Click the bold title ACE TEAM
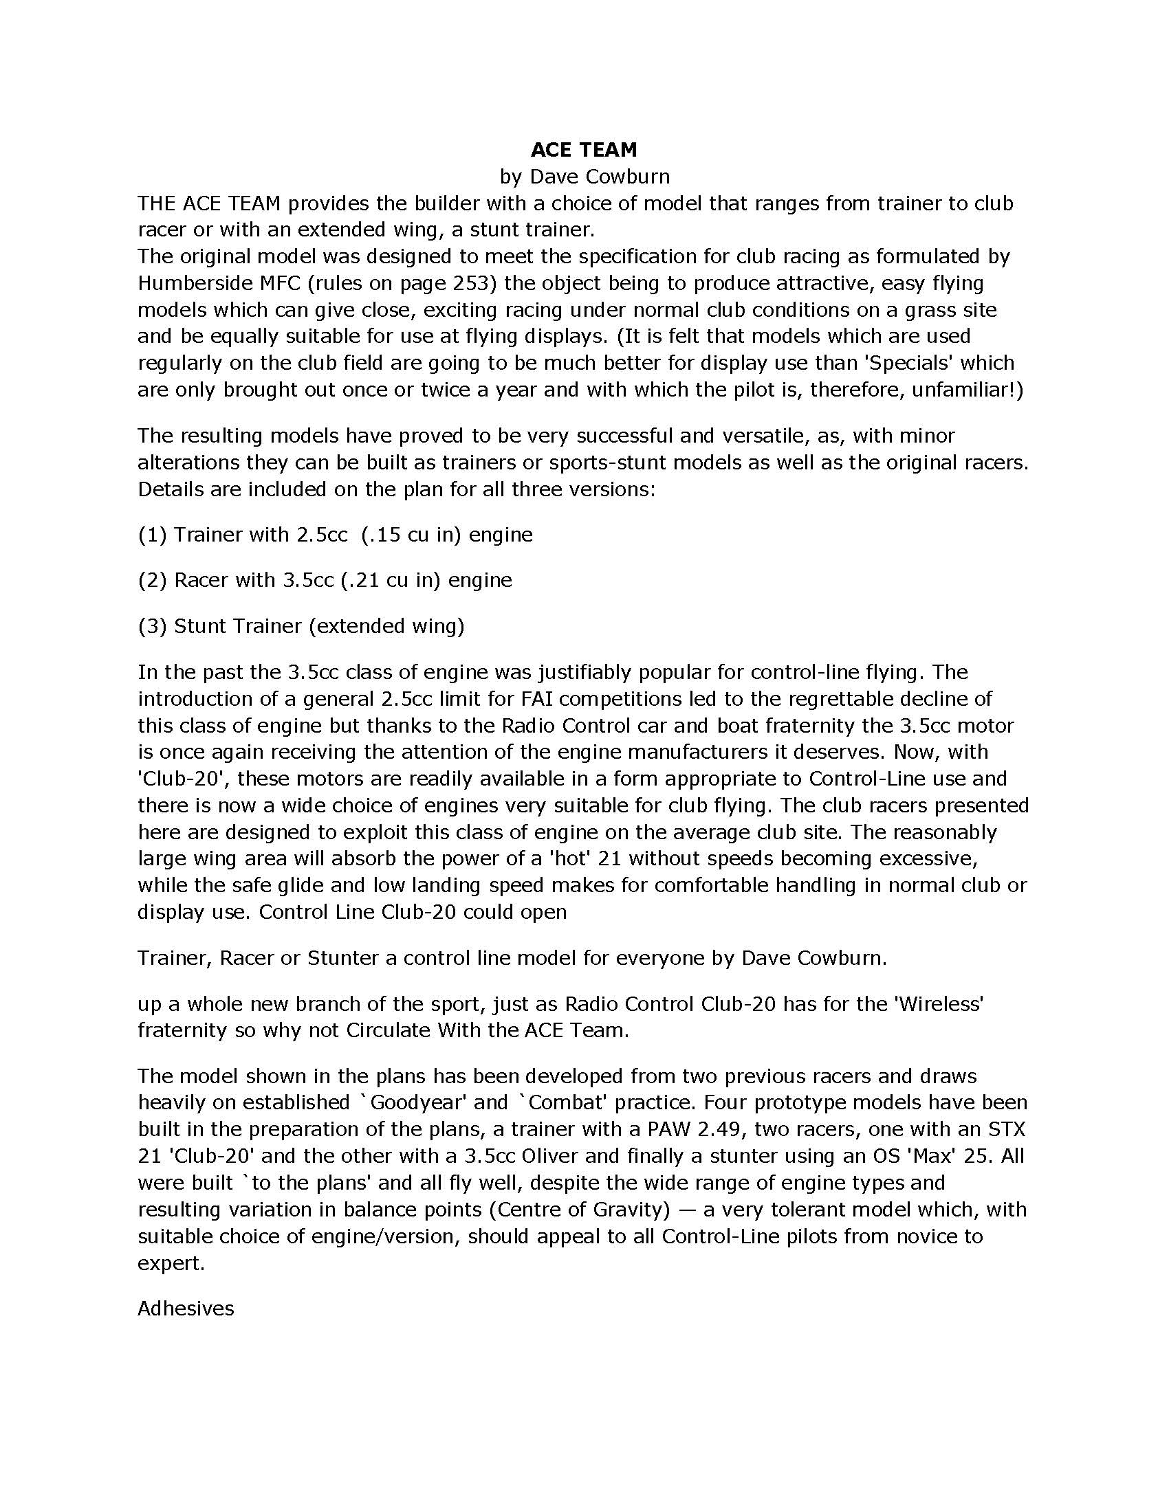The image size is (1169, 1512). coord(584,150)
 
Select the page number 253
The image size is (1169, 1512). coord(471,283)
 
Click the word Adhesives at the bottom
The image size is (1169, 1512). coord(186,1309)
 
